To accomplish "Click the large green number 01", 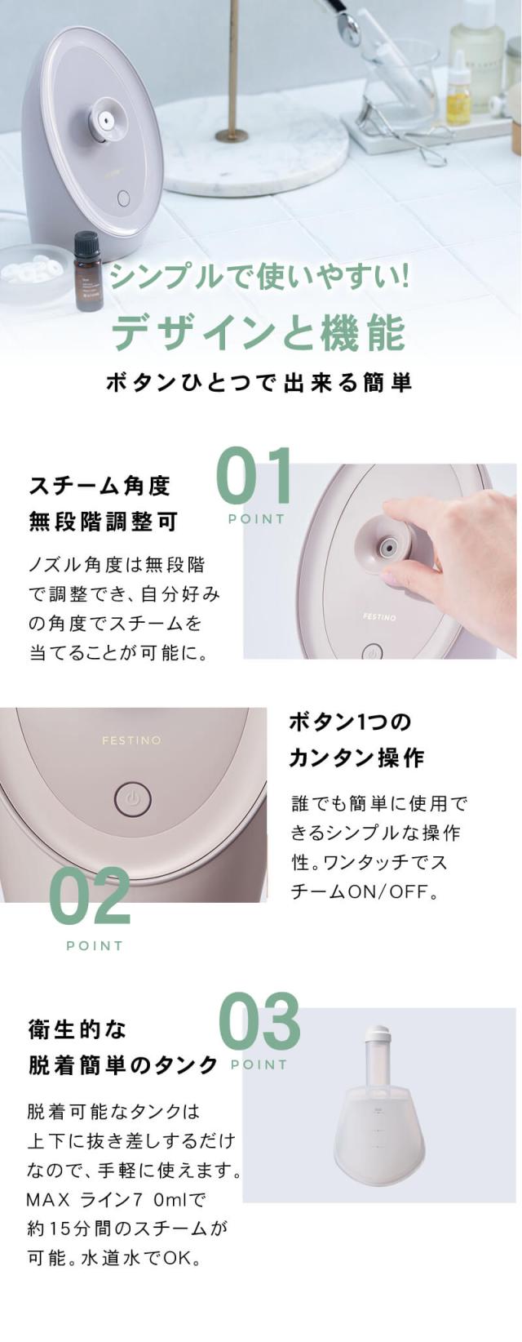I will coord(254,478).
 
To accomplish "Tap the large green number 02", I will coord(90,897).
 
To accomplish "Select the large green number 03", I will coord(260,1023).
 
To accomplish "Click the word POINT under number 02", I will coord(95,945).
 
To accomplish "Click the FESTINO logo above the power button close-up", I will coord(131,740).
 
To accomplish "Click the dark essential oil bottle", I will coord(87,269).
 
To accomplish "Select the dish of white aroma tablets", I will coord(33,270).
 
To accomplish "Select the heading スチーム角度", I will coord(100,486).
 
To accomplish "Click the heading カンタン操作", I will coord(356,758).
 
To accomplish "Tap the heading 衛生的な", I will coord(77,1029).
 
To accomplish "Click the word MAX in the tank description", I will coord(50,1200).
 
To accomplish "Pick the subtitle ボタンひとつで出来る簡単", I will coord(259,382).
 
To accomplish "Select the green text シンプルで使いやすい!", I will coord(259,278).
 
